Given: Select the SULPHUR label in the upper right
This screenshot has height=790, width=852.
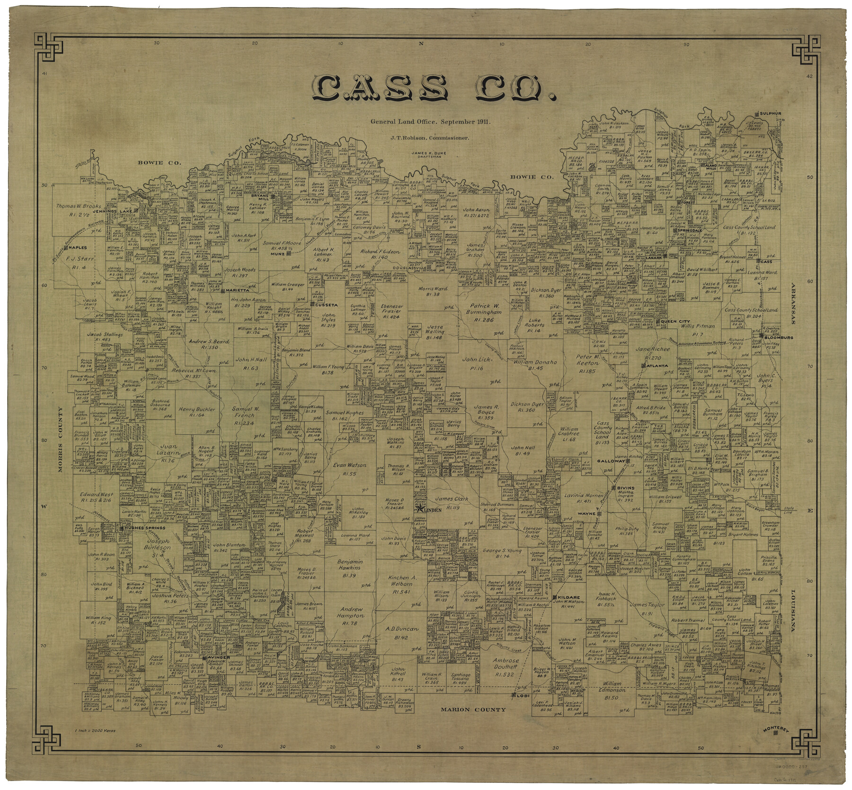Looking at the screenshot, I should (x=772, y=114).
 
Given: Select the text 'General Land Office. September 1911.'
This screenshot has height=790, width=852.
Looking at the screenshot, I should (x=431, y=122).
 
